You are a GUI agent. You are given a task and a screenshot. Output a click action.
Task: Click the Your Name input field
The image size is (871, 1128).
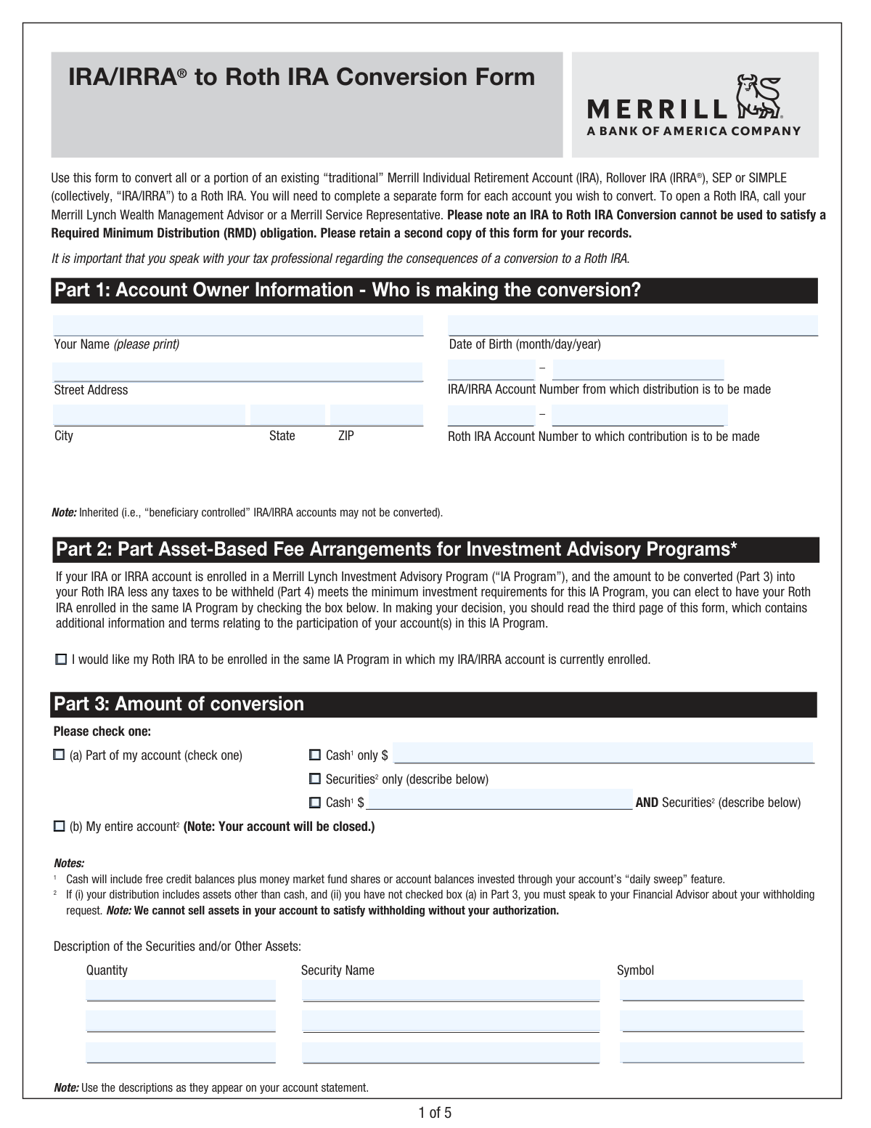(238, 325)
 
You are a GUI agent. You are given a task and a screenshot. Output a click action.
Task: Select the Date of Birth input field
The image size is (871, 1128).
(632, 325)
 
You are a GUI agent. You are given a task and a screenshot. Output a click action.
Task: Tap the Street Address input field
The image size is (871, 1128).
(238, 371)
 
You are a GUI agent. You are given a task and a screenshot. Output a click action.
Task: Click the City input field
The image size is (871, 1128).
(150, 415)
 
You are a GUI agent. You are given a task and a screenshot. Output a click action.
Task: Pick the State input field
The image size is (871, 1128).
(287, 415)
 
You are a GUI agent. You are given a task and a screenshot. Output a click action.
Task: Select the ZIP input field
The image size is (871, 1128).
(376, 415)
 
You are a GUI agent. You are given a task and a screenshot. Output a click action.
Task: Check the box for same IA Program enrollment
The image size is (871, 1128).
(61, 660)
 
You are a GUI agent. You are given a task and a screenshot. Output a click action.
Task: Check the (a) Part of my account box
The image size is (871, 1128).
(59, 755)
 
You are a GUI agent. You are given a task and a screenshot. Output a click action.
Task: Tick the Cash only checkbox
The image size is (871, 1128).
(315, 755)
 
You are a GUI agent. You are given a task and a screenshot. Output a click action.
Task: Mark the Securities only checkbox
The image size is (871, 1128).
(315, 779)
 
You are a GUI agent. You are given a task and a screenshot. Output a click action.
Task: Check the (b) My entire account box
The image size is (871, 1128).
(59, 827)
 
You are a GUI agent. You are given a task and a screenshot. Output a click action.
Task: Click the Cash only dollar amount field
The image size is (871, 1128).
(602, 753)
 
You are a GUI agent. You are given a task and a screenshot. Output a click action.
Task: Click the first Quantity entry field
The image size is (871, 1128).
(181, 990)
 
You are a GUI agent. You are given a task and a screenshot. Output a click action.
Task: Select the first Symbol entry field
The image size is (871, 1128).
(712, 990)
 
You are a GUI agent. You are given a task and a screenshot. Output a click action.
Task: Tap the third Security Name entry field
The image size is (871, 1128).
(451, 1052)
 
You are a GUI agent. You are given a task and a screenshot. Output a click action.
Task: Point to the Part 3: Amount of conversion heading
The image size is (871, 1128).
(179, 705)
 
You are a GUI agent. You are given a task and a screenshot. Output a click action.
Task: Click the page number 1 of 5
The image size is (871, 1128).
(435, 1112)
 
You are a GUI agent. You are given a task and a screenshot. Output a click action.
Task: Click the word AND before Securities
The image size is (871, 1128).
(647, 803)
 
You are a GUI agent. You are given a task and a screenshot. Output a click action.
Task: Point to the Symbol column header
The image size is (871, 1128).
(635, 970)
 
